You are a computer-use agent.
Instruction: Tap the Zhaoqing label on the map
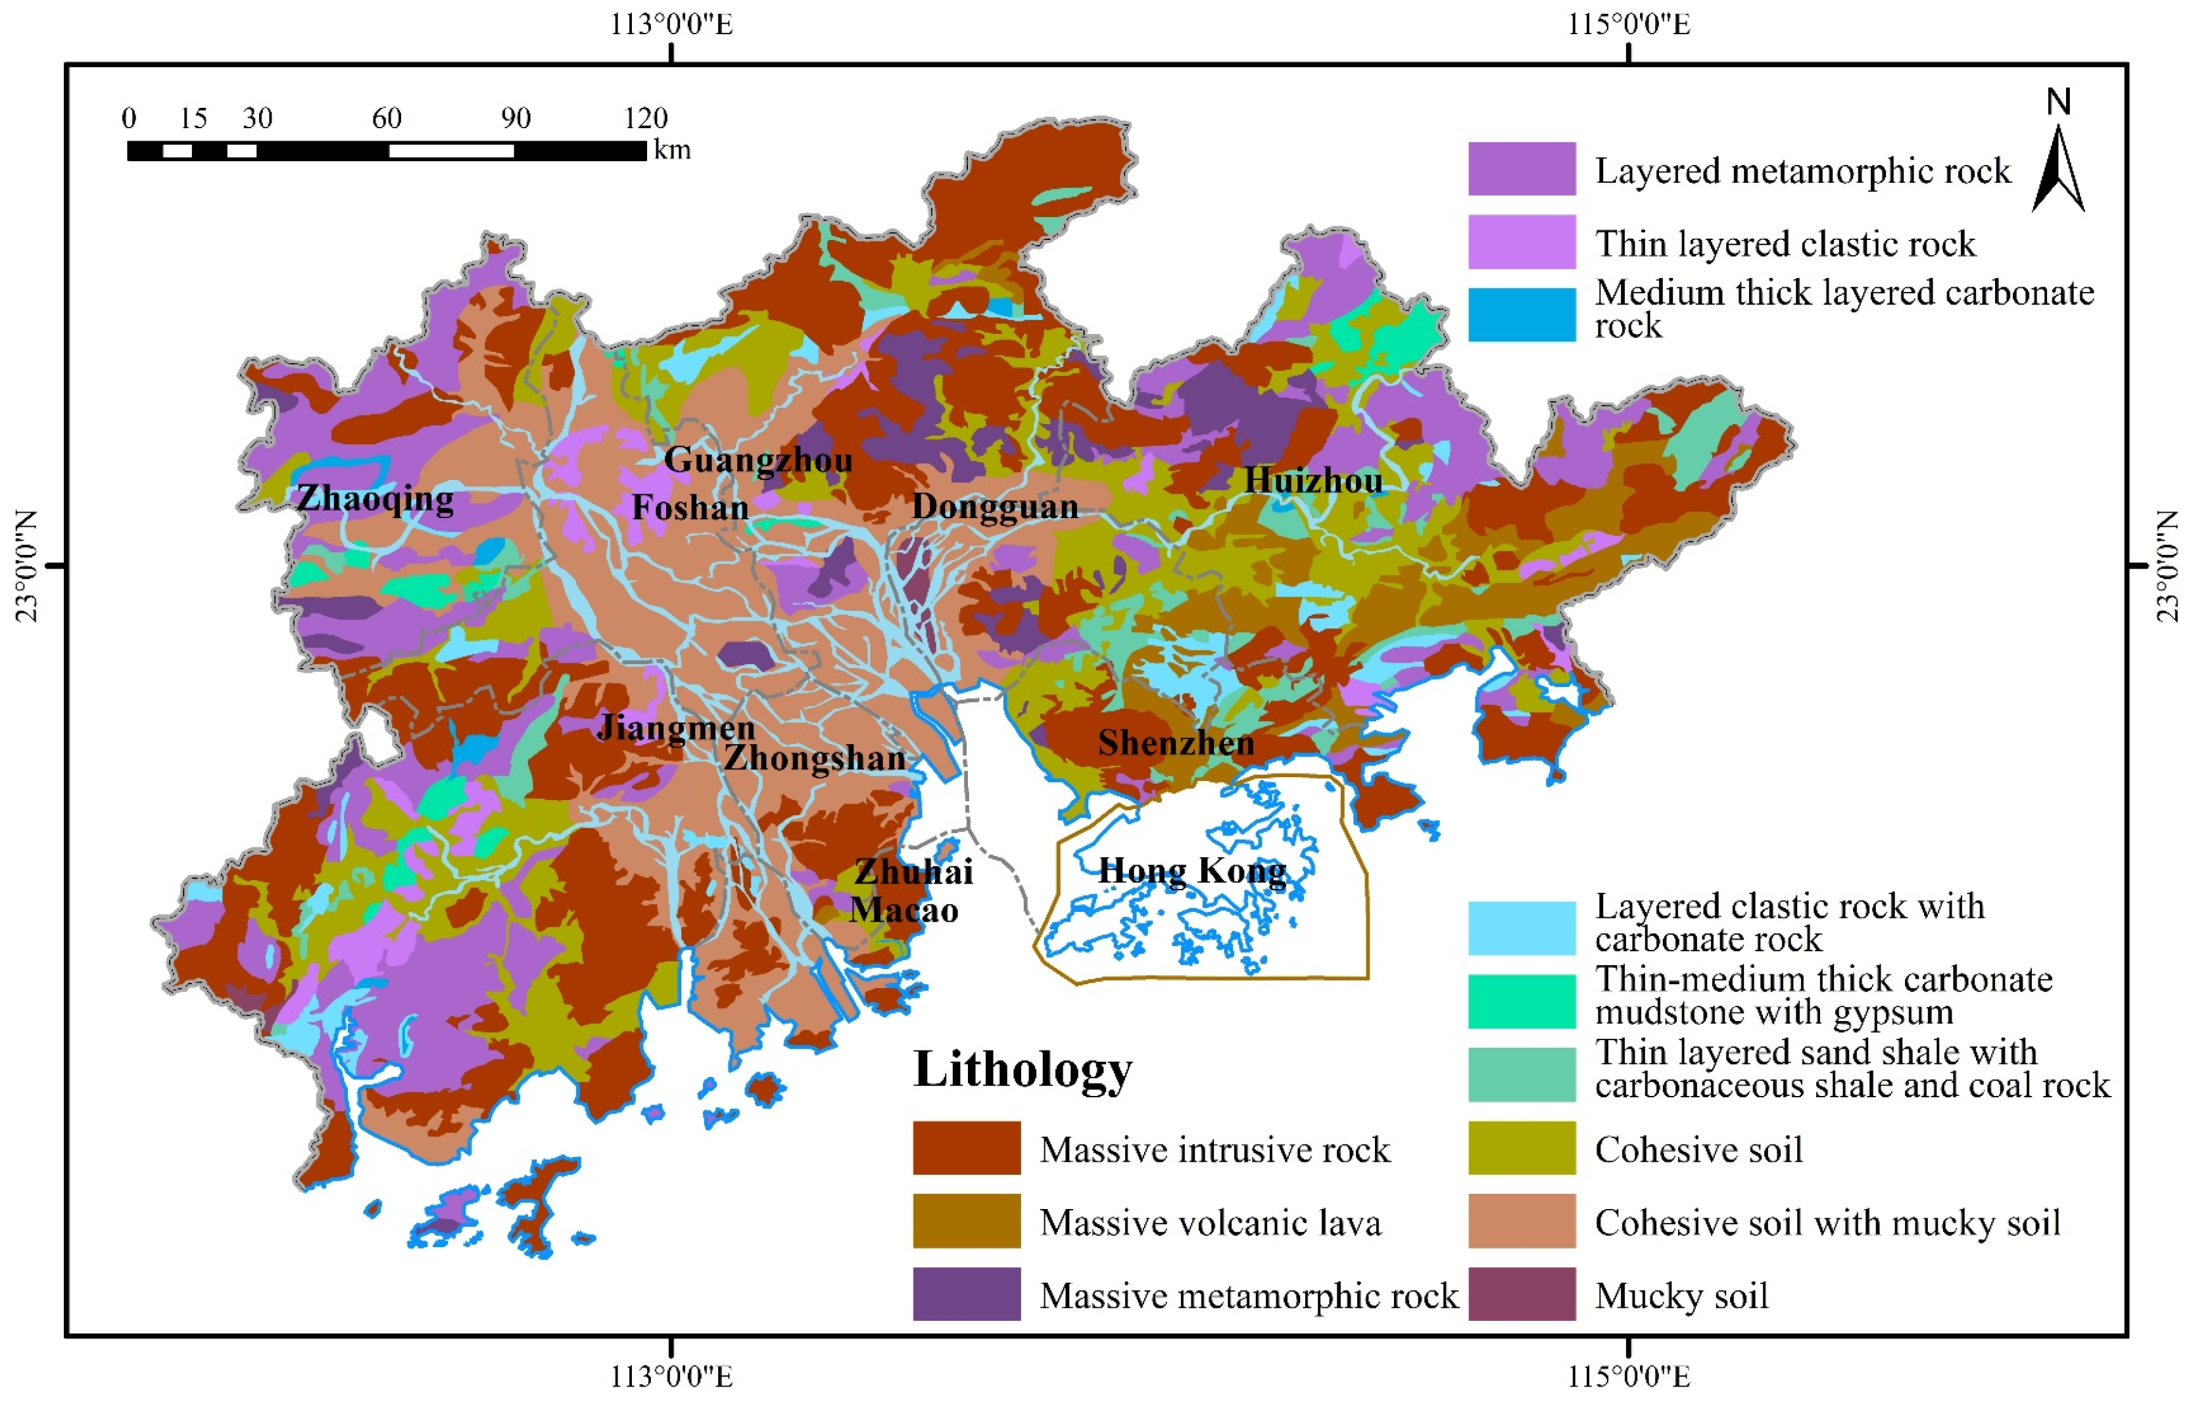(375, 498)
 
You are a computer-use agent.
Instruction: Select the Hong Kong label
(1192, 870)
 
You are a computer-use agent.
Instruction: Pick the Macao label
(903, 910)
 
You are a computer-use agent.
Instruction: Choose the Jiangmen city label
(676, 728)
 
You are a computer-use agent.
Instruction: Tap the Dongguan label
(994, 506)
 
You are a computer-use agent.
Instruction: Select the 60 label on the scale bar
(386, 118)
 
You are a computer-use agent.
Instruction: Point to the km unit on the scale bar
(672, 150)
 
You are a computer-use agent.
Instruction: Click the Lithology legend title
(1022, 1068)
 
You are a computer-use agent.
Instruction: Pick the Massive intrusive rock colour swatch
(966, 1148)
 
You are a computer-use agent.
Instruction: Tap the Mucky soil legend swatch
(1521, 1294)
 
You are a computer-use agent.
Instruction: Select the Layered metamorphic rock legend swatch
(1521, 169)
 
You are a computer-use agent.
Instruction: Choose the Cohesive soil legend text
(1698, 1149)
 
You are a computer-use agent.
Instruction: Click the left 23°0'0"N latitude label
(28, 566)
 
